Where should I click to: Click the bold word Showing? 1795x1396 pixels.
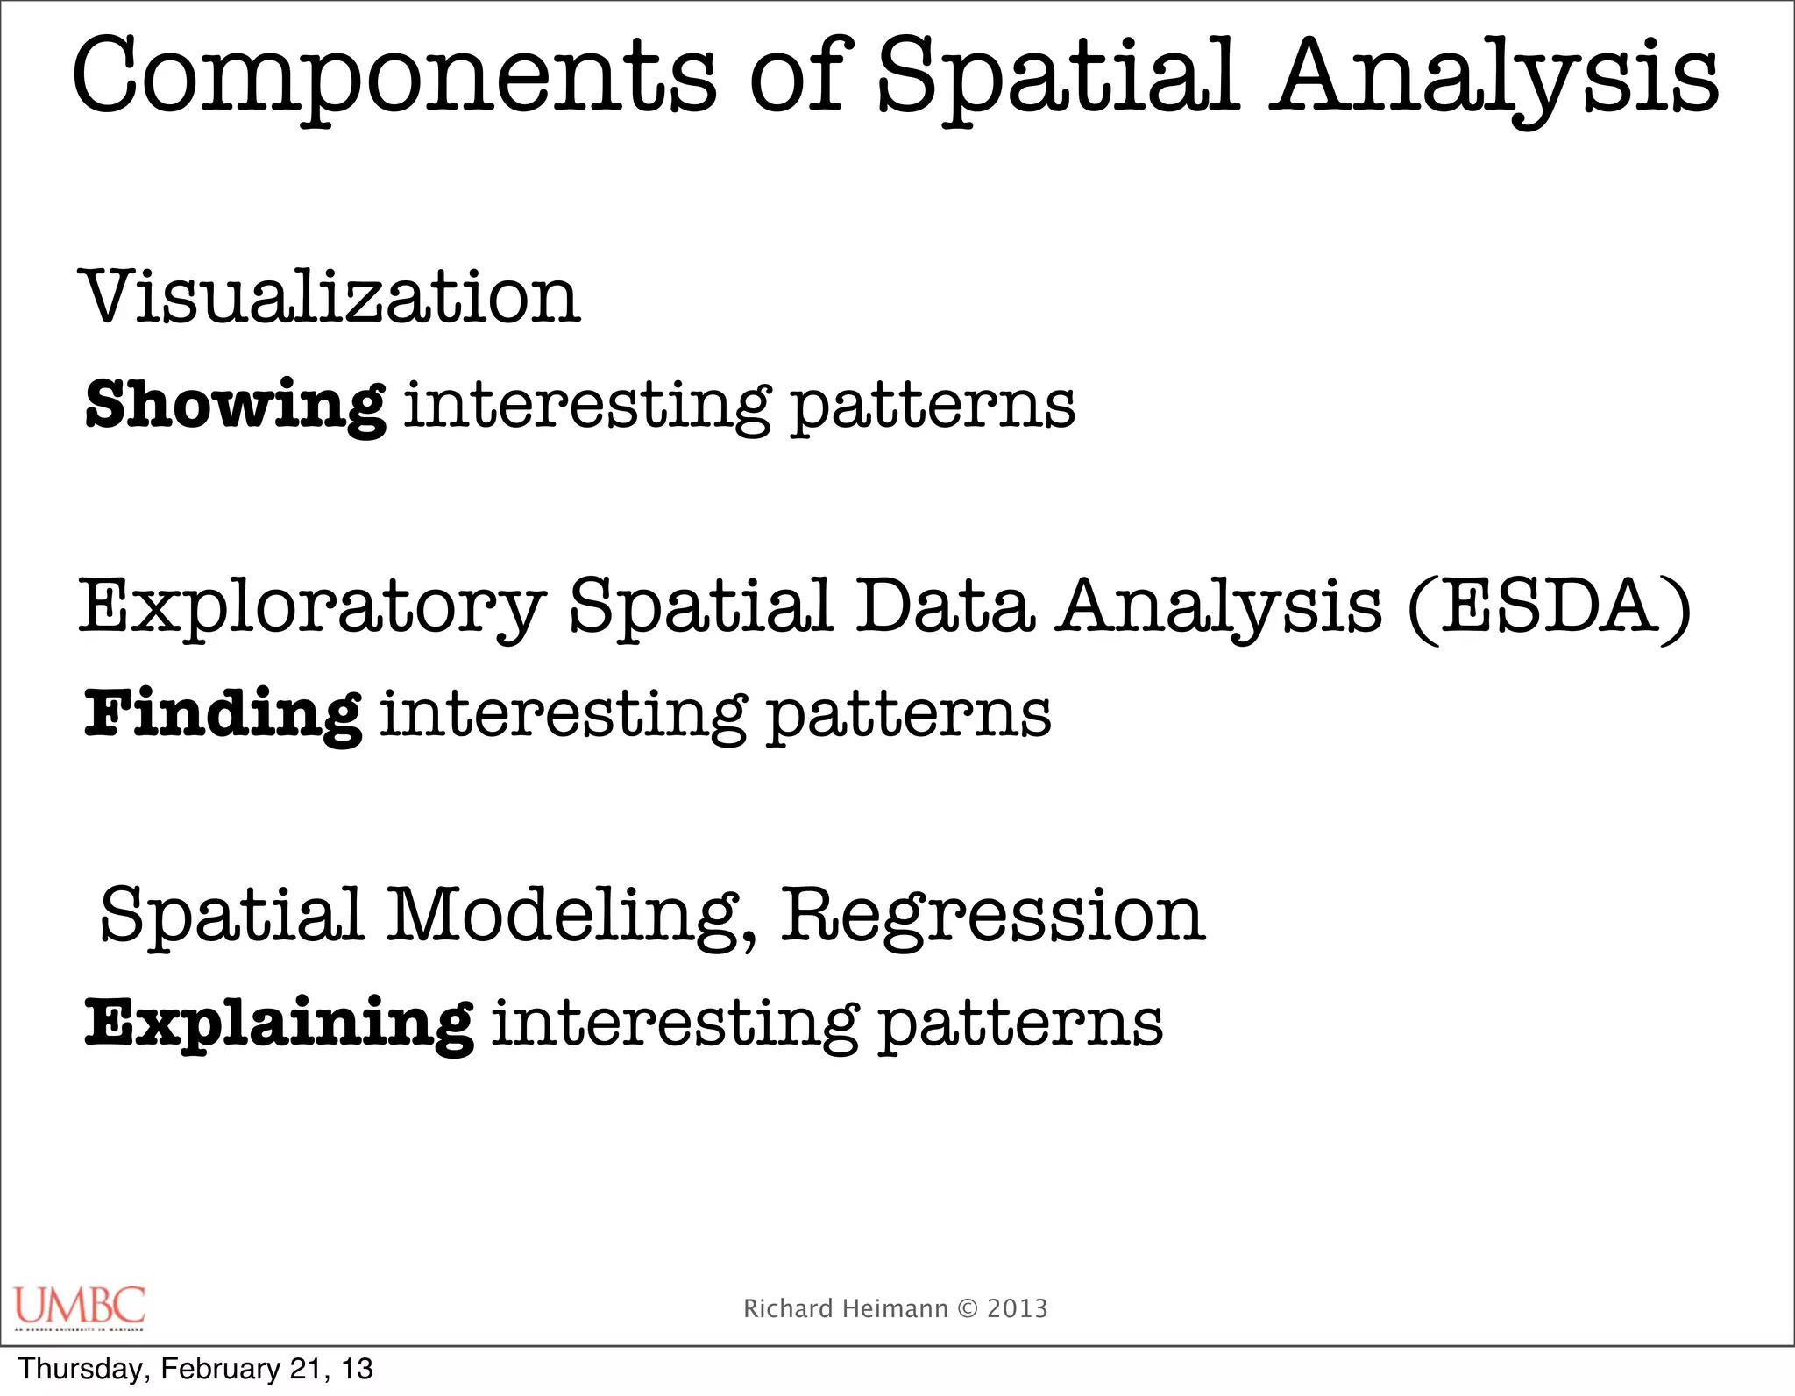[235, 406]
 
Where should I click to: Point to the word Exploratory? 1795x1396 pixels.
[311, 606]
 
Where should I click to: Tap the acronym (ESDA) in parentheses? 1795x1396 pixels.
[1549, 606]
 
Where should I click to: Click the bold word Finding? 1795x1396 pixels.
[223, 714]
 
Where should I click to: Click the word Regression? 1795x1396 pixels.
[993, 916]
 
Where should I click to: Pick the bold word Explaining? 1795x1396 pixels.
[280, 1023]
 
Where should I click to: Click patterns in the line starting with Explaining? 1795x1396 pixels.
[1020, 1023]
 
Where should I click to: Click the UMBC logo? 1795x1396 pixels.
[80, 1307]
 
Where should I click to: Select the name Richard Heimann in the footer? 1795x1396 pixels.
[845, 1308]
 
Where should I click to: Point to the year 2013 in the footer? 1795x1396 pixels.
[1018, 1308]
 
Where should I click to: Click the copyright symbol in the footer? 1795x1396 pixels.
[968, 1308]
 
